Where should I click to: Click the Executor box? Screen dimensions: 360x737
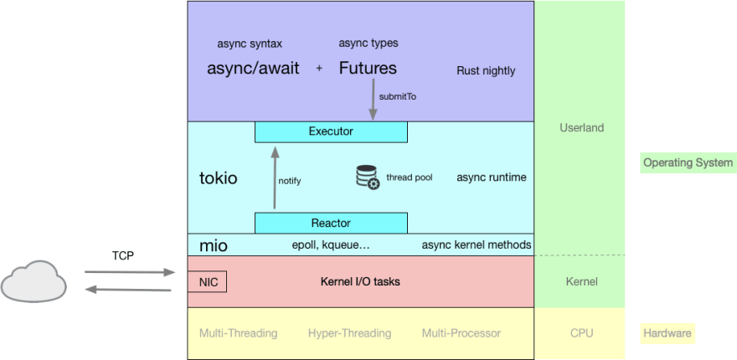point(331,131)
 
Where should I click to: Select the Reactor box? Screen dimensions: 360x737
point(331,223)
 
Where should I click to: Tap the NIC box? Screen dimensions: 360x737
point(208,282)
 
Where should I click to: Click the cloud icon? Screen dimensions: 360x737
point(34,280)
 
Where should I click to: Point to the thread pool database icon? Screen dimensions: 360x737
point(368,177)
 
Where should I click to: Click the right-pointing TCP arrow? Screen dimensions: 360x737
point(129,272)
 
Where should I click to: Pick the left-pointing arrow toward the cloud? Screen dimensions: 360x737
point(129,290)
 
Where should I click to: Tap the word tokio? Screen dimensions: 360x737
point(219,178)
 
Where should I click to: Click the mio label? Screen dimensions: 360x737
point(213,245)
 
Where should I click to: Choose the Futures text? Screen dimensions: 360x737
point(368,69)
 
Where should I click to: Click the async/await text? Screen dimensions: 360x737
point(253,69)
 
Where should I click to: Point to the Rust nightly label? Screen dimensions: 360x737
point(486,70)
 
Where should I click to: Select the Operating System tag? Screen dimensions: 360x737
point(688,162)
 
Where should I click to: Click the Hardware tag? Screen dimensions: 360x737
point(667,333)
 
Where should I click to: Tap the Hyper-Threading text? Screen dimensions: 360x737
point(349,333)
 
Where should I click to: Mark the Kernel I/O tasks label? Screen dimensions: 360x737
point(360,282)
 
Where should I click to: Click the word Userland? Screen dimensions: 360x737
point(581,128)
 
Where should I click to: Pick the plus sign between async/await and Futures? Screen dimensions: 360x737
point(319,69)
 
